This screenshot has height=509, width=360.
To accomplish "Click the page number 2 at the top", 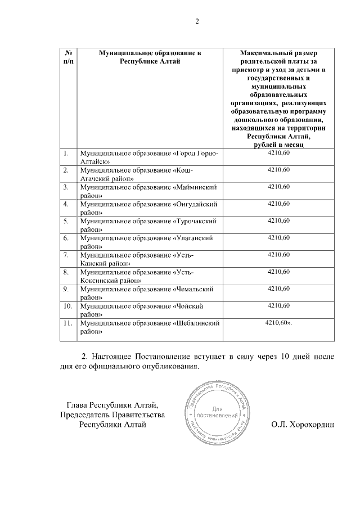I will point(197,22).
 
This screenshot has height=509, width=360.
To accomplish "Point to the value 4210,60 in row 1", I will point(278,153).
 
